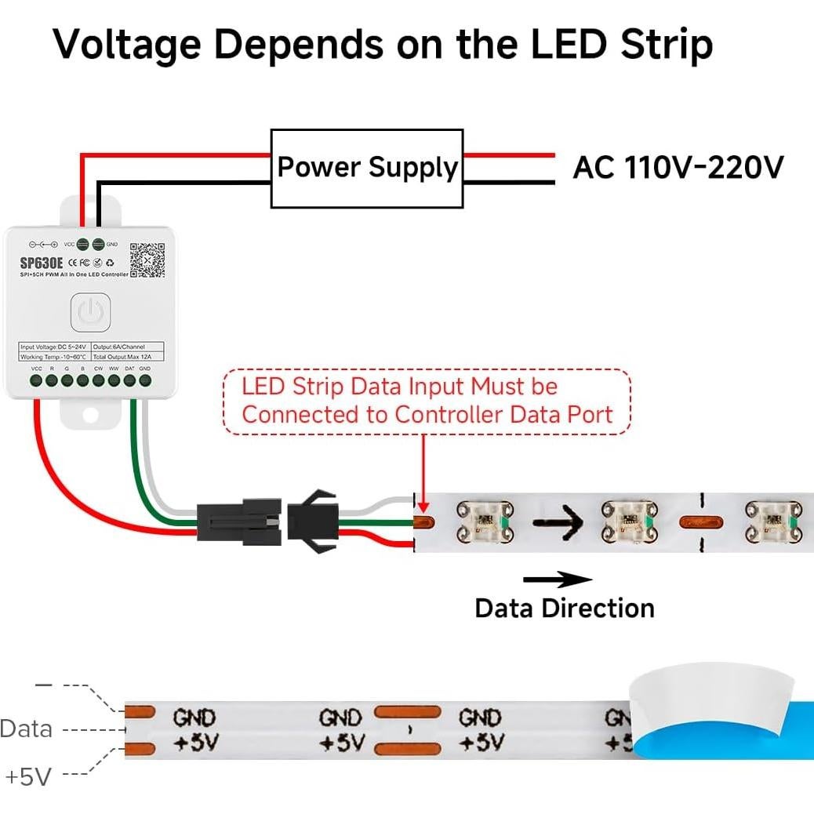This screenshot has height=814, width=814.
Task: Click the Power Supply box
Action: [x=367, y=168]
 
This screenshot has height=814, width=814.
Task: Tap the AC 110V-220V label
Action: [x=678, y=167]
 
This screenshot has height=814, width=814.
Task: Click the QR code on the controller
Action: [x=147, y=260]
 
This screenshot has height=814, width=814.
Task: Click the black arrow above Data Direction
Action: [x=558, y=580]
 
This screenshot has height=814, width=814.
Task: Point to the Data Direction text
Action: [x=565, y=608]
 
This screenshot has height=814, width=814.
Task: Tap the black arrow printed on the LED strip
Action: [x=557, y=519]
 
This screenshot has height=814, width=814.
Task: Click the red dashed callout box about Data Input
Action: [x=427, y=401]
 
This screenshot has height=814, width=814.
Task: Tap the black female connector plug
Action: [x=238, y=521]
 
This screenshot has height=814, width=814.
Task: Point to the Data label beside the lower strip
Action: [x=27, y=729]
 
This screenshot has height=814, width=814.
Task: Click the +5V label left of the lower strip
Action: [x=28, y=776]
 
